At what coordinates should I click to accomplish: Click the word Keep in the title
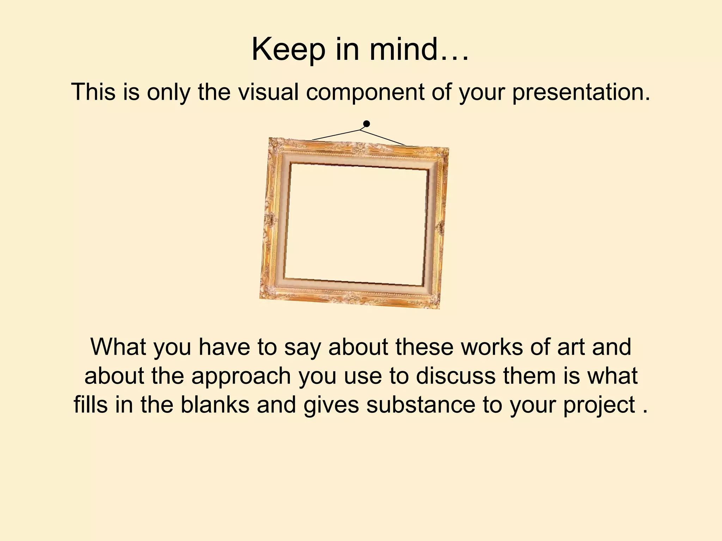point(288,50)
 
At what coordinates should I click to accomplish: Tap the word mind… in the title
point(419,50)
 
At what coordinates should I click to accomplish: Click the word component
point(365,93)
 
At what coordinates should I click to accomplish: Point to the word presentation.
point(581,93)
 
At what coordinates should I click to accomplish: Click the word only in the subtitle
point(169,93)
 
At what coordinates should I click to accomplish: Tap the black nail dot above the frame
point(367,124)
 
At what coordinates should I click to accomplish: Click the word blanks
point(215,405)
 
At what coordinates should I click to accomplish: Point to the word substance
point(421,405)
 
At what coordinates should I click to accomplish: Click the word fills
point(91,405)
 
